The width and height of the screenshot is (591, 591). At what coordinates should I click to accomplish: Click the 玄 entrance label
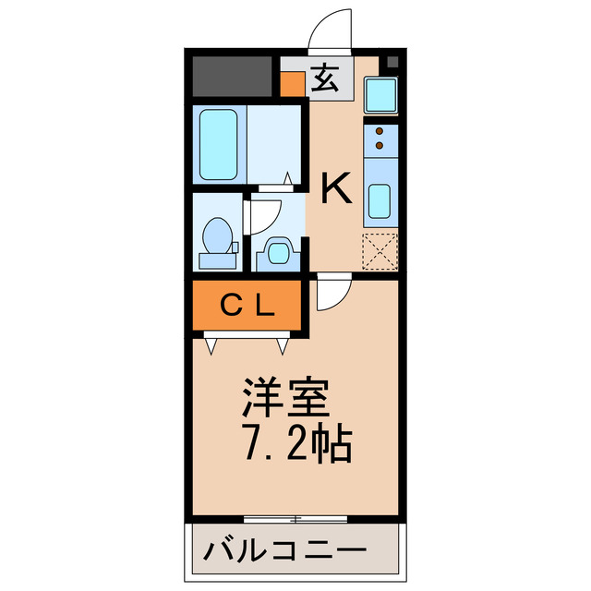324,78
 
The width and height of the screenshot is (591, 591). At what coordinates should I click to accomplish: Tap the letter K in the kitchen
335,189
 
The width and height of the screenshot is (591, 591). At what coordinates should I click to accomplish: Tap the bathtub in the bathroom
220,146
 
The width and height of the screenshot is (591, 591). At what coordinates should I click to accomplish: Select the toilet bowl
218,237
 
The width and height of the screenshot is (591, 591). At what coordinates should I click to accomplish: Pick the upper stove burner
380,133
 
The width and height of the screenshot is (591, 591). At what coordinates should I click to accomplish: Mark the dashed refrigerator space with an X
380,250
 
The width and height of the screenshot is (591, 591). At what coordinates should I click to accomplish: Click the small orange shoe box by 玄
293,84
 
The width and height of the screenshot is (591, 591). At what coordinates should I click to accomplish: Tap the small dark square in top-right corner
392,62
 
